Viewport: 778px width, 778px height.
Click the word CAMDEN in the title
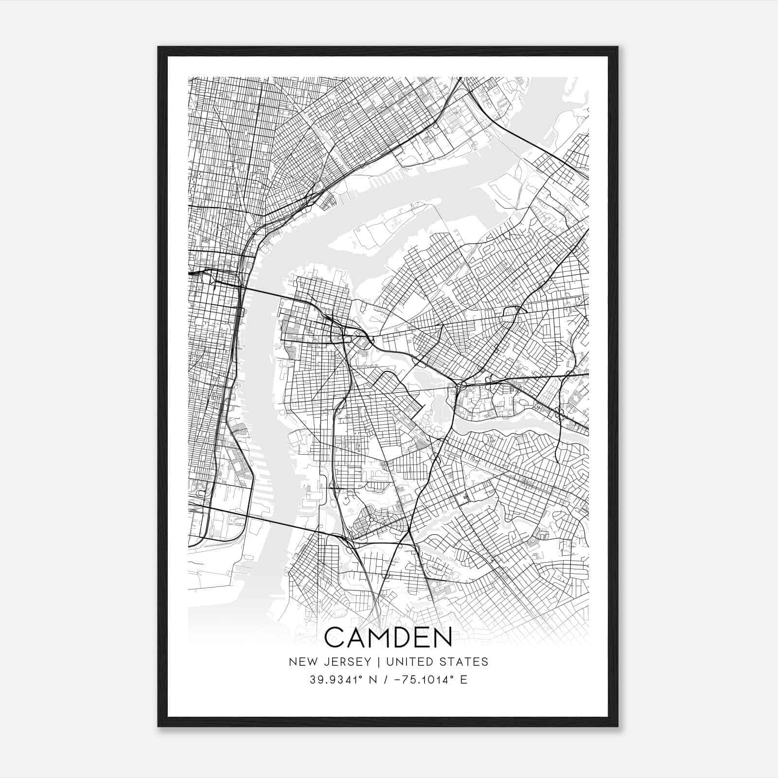click(x=388, y=637)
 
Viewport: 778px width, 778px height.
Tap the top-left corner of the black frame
click(x=159, y=48)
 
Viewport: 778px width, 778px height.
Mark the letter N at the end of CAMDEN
click(x=442, y=637)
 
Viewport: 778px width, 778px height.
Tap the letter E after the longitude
click(x=464, y=680)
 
